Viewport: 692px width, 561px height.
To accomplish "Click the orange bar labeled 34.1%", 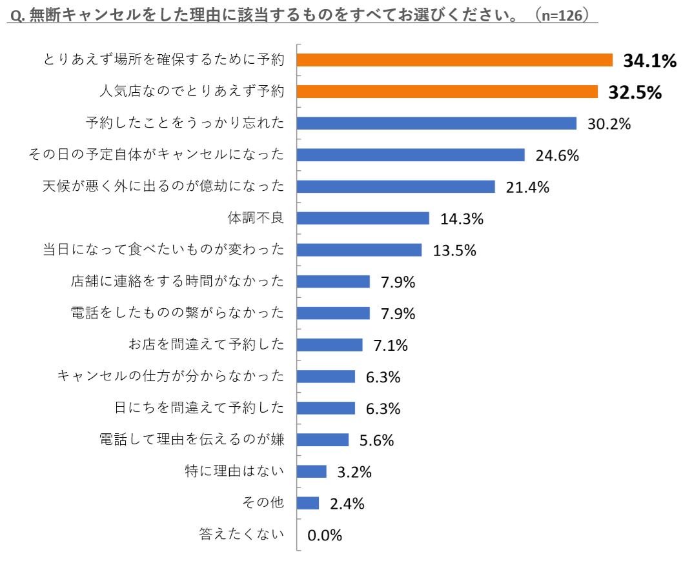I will [x=454, y=60].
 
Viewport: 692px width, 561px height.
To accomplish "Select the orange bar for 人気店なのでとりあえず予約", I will [x=447, y=92].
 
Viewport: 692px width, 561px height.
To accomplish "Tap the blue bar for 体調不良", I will [x=363, y=218].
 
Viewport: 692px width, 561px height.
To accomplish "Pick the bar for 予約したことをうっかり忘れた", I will [x=436, y=123].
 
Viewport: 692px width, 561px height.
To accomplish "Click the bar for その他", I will [x=308, y=503].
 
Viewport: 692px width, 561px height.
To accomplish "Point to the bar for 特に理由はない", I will [x=312, y=471].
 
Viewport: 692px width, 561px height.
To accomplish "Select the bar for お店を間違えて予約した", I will [x=330, y=345].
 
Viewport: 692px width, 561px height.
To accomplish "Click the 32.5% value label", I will [x=635, y=92].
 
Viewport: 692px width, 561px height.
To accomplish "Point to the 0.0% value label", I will [x=325, y=535].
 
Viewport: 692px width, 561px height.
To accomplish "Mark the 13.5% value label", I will [x=454, y=250].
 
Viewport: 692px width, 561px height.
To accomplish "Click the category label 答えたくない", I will [x=241, y=534].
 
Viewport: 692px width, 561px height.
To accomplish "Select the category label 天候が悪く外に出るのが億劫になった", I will [x=163, y=186].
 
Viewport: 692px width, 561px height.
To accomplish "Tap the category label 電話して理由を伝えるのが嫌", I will [x=192, y=440].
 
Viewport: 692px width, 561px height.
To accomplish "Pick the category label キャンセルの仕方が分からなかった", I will [x=170, y=376].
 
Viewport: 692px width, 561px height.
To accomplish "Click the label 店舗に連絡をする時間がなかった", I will [x=178, y=281].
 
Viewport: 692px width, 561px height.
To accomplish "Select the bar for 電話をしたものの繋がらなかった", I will [x=333, y=313].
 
